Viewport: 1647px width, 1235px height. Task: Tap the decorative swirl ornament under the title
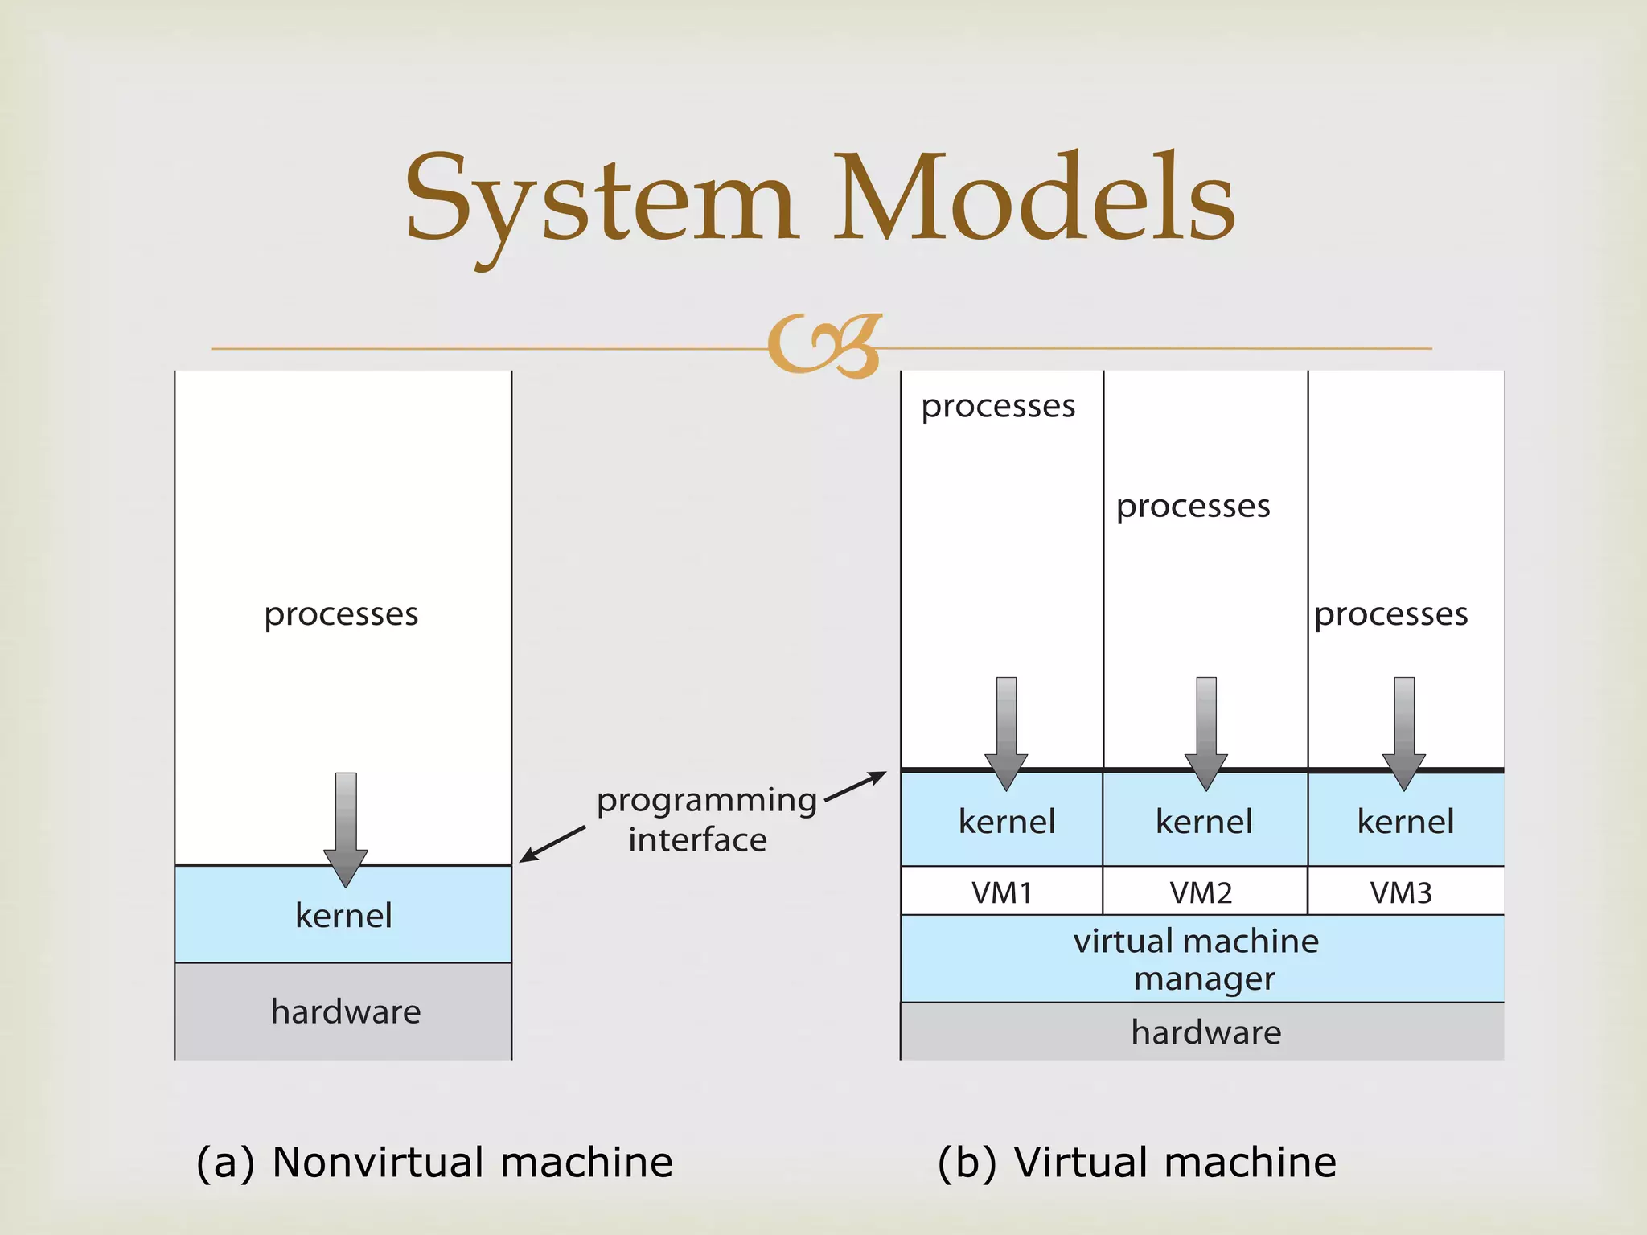tap(825, 346)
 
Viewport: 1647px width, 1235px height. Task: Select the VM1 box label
tap(1001, 892)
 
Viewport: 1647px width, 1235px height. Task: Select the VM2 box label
tap(1201, 892)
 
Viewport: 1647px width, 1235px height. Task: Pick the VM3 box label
tap(1401, 892)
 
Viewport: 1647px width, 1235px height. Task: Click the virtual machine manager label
tap(1198, 959)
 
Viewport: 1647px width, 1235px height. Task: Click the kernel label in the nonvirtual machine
tap(343, 916)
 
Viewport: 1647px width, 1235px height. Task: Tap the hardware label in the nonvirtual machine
tap(346, 1011)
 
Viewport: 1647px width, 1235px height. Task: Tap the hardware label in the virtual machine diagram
tap(1206, 1032)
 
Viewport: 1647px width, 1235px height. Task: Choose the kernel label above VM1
tap(1007, 822)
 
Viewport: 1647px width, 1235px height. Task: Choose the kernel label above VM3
tap(1406, 822)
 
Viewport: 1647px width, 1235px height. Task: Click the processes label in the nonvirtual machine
tap(341, 614)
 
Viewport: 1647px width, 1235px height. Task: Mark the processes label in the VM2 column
tap(1193, 507)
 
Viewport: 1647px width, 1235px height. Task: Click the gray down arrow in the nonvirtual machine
tap(346, 828)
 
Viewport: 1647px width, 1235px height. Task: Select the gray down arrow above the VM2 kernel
tap(1206, 732)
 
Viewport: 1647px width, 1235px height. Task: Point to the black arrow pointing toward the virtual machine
tap(856, 787)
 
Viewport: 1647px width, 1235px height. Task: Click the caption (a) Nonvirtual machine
tap(434, 1162)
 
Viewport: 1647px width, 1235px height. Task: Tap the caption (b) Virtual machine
tap(1137, 1162)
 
